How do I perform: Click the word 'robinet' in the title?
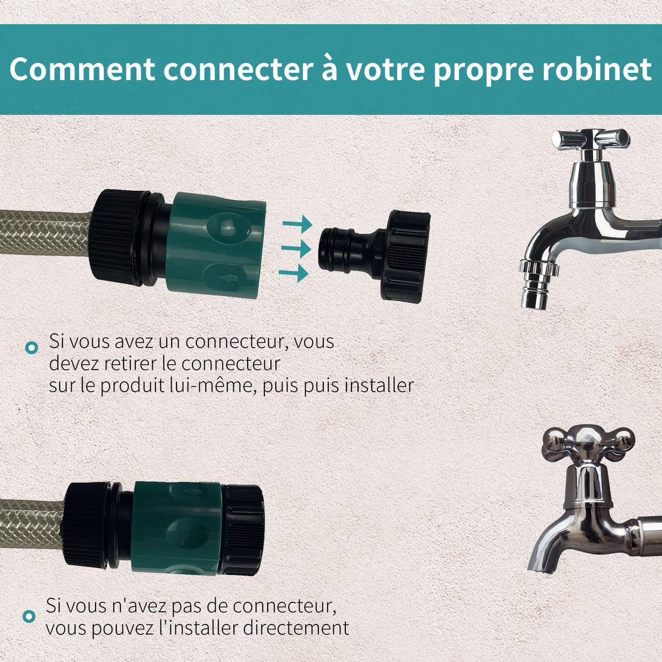pos(597,69)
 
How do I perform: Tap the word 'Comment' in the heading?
pos(82,69)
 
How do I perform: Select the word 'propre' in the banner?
pos(483,73)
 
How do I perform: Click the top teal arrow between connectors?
pos(297,224)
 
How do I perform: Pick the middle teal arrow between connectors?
pos(296,248)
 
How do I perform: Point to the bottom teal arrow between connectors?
pos(293,273)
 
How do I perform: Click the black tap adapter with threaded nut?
pos(375,257)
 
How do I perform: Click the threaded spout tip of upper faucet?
pos(538,284)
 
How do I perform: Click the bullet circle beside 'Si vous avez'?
pos(31,348)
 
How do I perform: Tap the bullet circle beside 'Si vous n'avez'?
pos(29,616)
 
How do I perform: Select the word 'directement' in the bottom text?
pos(296,628)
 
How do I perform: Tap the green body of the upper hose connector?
pos(215,245)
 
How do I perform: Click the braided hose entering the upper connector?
pos(45,233)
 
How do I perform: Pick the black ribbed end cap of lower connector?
pos(243,530)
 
